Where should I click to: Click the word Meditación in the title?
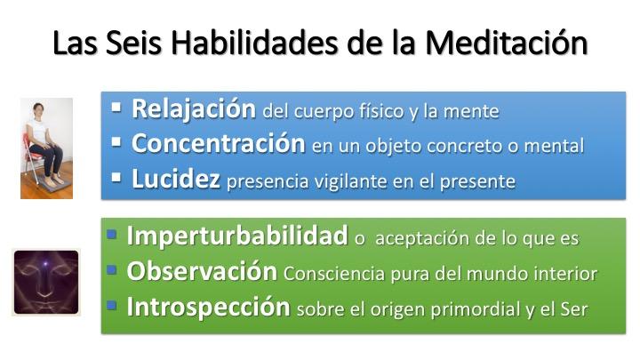(x=506, y=43)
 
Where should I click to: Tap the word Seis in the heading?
(x=133, y=43)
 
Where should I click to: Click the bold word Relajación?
(x=194, y=109)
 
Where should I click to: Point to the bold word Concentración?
(x=219, y=144)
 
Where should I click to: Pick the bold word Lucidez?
(x=176, y=180)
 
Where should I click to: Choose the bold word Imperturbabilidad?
(x=237, y=236)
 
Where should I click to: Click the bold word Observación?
(x=202, y=271)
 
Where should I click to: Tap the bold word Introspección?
(x=208, y=307)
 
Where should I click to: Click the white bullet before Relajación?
(x=116, y=108)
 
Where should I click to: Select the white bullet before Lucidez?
(x=116, y=178)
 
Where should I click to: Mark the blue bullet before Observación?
(x=112, y=269)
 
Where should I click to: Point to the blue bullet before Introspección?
(x=112, y=305)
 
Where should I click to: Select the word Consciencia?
(x=334, y=274)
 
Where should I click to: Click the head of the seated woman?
(x=39, y=110)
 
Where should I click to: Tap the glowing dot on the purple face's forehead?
(x=45, y=264)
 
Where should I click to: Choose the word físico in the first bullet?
(x=381, y=111)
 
